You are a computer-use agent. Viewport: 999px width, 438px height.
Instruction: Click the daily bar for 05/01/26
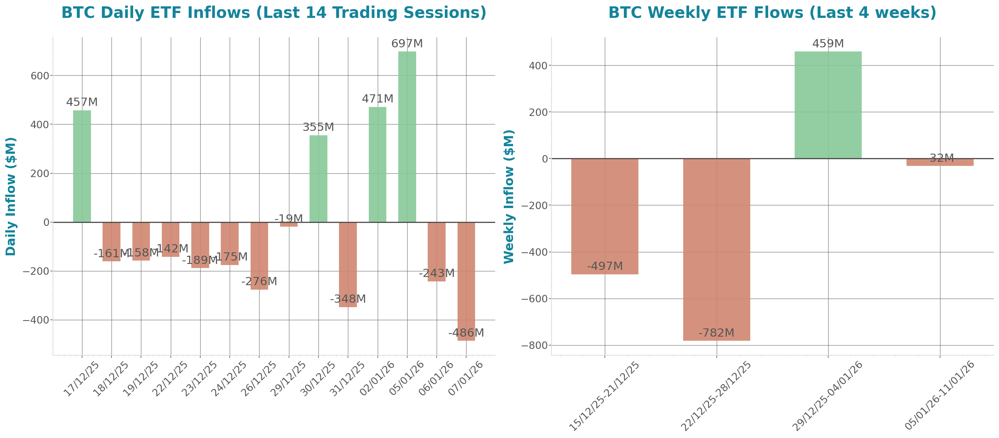coord(407,136)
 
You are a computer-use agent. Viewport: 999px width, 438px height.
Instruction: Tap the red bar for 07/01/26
coord(466,281)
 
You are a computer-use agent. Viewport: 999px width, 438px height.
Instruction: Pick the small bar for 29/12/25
coord(289,224)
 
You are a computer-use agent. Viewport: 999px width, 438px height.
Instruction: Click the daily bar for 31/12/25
coord(348,264)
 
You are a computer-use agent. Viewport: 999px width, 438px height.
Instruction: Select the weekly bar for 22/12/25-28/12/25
coord(716,250)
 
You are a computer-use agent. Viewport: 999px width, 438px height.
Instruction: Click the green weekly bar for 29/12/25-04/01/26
coord(828,105)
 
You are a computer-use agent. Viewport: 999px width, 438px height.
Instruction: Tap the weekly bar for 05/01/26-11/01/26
coord(940,163)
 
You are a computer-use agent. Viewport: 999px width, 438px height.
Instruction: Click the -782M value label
coord(716,333)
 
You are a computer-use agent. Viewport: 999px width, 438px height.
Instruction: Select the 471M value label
coord(377,99)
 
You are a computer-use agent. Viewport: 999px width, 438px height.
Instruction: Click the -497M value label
coord(604,266)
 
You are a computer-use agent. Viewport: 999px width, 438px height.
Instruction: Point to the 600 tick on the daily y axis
coord(40,76)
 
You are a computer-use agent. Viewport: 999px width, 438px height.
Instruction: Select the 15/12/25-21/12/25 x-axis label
coord(604,396)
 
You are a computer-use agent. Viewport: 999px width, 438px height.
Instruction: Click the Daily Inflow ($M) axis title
coord(11,196)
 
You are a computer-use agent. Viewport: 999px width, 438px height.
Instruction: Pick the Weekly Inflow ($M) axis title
coord(509,196)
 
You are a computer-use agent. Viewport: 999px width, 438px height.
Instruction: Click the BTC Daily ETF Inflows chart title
coord(274,12)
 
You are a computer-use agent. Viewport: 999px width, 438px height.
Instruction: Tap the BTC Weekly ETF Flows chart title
coord(772,12)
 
